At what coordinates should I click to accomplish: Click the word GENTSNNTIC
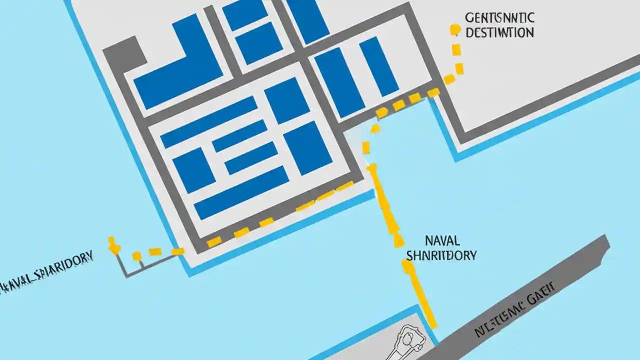499,18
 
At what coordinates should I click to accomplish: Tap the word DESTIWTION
499,33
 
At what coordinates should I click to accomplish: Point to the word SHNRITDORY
441,255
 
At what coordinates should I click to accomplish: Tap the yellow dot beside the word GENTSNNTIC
454,29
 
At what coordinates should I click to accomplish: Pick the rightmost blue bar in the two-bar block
378,66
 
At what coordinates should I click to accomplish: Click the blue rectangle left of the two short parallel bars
194,170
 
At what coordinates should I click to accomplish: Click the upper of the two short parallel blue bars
239,136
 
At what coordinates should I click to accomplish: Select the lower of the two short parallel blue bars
251,157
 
